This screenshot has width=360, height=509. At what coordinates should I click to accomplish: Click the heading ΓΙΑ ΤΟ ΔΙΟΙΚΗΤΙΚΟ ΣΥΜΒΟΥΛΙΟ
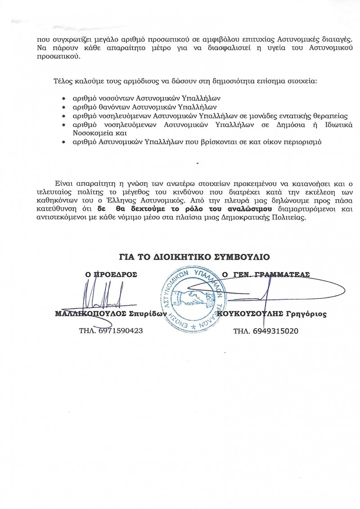(x=194, y=257)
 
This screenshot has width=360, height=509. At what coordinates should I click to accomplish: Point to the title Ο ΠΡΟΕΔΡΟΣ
(x=111, y=274)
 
